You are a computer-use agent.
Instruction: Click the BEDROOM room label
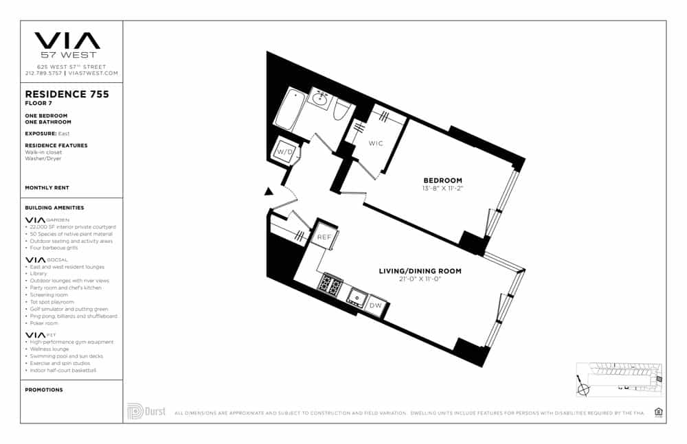pyautogui.click(x=442, y=180)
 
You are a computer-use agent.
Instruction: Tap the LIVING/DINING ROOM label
pyautogui.click(x=420, y=271)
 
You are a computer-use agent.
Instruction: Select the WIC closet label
pyautogui.click(x=375, y=143)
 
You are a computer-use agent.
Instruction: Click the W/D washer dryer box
pyautogui.click(x=285, y=150)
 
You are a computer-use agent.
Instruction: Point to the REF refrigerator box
pyautogui.click(x=325, y=236)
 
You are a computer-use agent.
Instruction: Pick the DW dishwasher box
pyautogui.click(x=375, y=305)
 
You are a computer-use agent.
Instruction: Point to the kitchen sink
pyautogui.click(x=356, y=297)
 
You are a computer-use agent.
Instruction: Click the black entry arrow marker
pyautogui.click(x=269, y=193)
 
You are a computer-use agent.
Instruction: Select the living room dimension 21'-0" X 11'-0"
pyautogui.click(x=420, y=279)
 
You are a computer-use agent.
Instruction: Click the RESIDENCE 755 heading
pyautogui.click(x=67, y=95)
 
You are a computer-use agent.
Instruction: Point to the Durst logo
pyautogui.click(x=146, y=411)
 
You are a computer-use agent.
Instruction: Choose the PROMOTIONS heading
pyautogui.click(x=44, y=390)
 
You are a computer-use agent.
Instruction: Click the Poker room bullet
pyautogui.click(x=44, y=323)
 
